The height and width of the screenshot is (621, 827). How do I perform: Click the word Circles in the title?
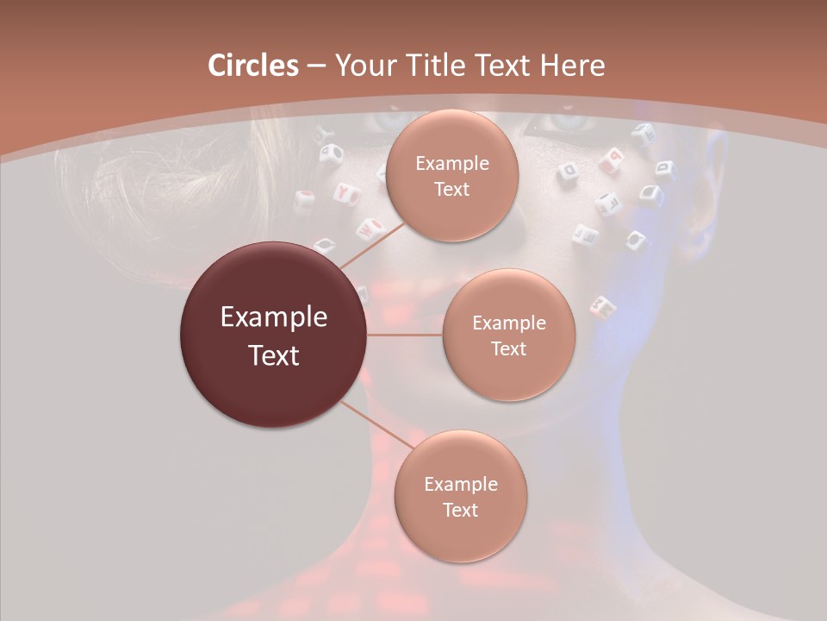(x=252, y=66)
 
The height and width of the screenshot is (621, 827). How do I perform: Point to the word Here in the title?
(x=571, y=66)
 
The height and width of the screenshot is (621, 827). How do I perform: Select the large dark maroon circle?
(x=273, y=334)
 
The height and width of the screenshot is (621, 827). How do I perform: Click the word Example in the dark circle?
(x=273, y=317)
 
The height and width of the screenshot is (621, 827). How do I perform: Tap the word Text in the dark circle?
(x=273, y=354)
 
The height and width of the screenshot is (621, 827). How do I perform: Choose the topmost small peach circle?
(x=452, y=175)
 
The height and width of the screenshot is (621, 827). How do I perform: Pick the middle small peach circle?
(x=508, y=335)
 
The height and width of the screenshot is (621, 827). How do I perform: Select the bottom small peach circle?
(x=460, y=496)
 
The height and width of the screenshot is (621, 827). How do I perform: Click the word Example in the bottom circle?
(x=460, y=484)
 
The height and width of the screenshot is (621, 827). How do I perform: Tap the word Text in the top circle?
(x=452, y=189)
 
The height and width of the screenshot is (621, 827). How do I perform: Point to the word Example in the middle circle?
(x=508, y=323)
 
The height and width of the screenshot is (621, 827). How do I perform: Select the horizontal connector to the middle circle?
(x=405, y=334)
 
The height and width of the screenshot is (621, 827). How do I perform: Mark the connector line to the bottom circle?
(x=376, y=426)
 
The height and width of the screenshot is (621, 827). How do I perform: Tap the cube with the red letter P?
(x=613, y=158)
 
